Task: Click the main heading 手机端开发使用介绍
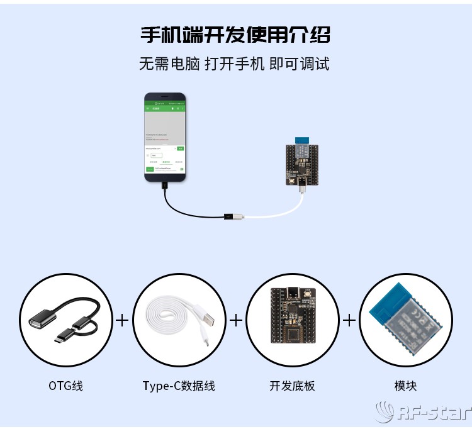(235, 34)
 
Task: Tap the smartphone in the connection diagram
(165, 137)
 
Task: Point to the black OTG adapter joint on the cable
(231, 217)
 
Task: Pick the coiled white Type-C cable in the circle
(179, 320)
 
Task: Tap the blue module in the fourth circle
(405, 320)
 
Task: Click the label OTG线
(65, 386)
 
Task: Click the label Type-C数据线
(179, 386)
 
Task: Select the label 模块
(405, 386)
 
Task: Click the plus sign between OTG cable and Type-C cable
(122, 320)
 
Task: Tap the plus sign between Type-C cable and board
(235, 320)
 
